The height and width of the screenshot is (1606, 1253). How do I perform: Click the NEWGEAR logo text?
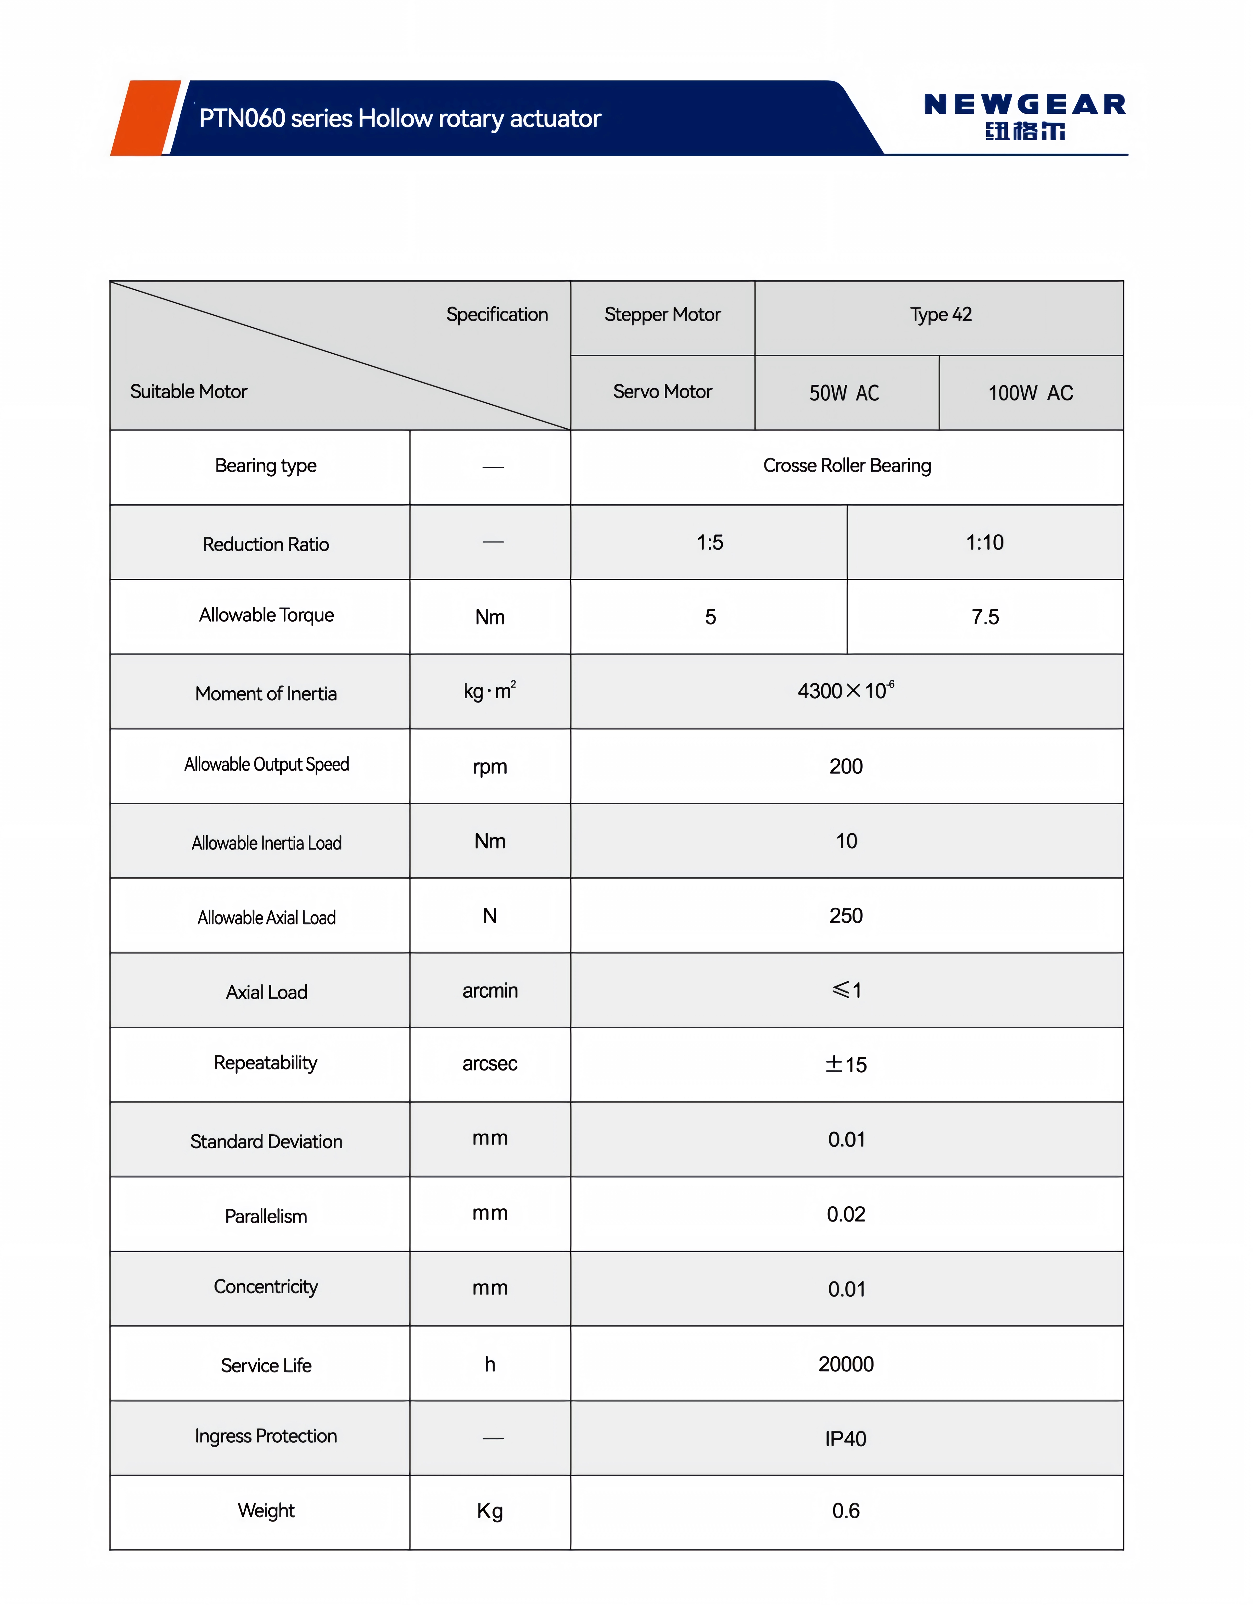1024,105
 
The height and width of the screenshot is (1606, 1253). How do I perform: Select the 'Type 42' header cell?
941,315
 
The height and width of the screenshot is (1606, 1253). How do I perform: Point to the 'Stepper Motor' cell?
662,315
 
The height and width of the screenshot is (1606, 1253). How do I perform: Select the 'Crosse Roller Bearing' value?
846,465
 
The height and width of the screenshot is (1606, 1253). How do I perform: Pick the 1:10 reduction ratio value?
984,543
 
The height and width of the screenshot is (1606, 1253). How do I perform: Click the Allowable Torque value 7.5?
984,617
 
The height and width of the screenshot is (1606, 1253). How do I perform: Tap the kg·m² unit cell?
490,691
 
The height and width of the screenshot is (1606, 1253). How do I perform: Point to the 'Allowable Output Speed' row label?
266,765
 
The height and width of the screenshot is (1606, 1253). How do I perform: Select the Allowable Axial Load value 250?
846,916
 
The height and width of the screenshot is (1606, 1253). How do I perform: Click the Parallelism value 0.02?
846,1214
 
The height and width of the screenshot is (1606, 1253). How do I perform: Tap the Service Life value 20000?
846,1364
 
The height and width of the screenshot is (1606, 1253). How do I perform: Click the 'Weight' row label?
266,1510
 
